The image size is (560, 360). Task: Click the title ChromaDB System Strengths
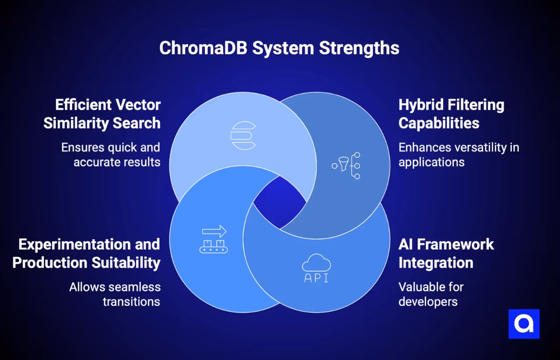[x=279, y=48]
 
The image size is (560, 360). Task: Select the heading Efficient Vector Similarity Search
[x=102, y=114]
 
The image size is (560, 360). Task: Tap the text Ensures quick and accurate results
[x=111, y=154]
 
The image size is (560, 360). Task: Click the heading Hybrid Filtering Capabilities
[x=451, y=114]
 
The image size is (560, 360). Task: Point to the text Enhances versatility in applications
[x=458, y=154]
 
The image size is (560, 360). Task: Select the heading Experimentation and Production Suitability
[x=86, y=253]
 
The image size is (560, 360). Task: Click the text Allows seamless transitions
[x=115, y=294]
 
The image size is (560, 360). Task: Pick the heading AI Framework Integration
[x=446, y=253]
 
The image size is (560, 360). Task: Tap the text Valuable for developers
[x=430, y=294]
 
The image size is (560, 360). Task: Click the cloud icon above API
[x=316, y=264]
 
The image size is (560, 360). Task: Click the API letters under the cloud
[x=316, y=278]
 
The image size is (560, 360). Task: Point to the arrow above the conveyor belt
[x=214, y=231]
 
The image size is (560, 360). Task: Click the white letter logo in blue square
[x=524, y=324]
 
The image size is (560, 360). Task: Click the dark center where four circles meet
[x=280, y=203]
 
